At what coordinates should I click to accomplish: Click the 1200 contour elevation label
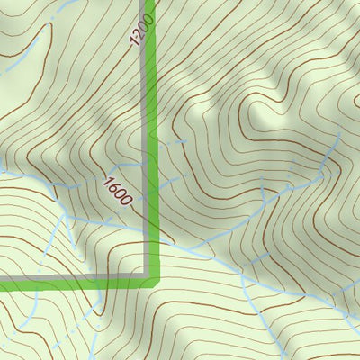point(141,30)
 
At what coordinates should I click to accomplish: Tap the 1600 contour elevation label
point(117,193)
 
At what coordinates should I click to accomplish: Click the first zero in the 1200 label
point(143,25)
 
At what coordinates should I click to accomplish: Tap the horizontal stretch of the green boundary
point(72,284)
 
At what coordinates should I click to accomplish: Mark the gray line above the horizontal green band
point(72,276)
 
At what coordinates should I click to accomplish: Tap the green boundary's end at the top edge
point(152,2)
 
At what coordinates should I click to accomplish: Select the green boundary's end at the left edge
point(2,284)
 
